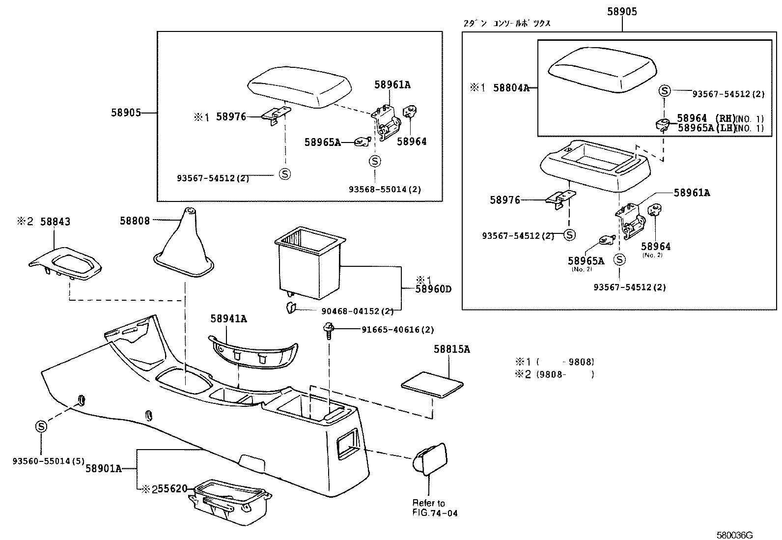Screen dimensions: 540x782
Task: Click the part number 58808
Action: (135, 221)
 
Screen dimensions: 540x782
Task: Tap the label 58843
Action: (55, 222)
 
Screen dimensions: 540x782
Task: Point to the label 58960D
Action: (433, 289)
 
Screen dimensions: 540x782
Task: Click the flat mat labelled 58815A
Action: (432, 384)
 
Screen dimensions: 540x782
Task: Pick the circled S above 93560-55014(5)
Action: (41, 426)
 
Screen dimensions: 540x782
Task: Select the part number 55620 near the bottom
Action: (172, 489)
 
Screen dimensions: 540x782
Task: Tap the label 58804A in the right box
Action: (511, 88)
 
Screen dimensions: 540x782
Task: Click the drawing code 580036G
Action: (734, 535)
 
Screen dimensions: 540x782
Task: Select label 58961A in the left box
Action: (392, 85)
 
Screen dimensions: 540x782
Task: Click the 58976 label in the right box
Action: (504, 200)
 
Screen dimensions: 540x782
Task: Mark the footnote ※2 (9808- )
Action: (553, 374)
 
